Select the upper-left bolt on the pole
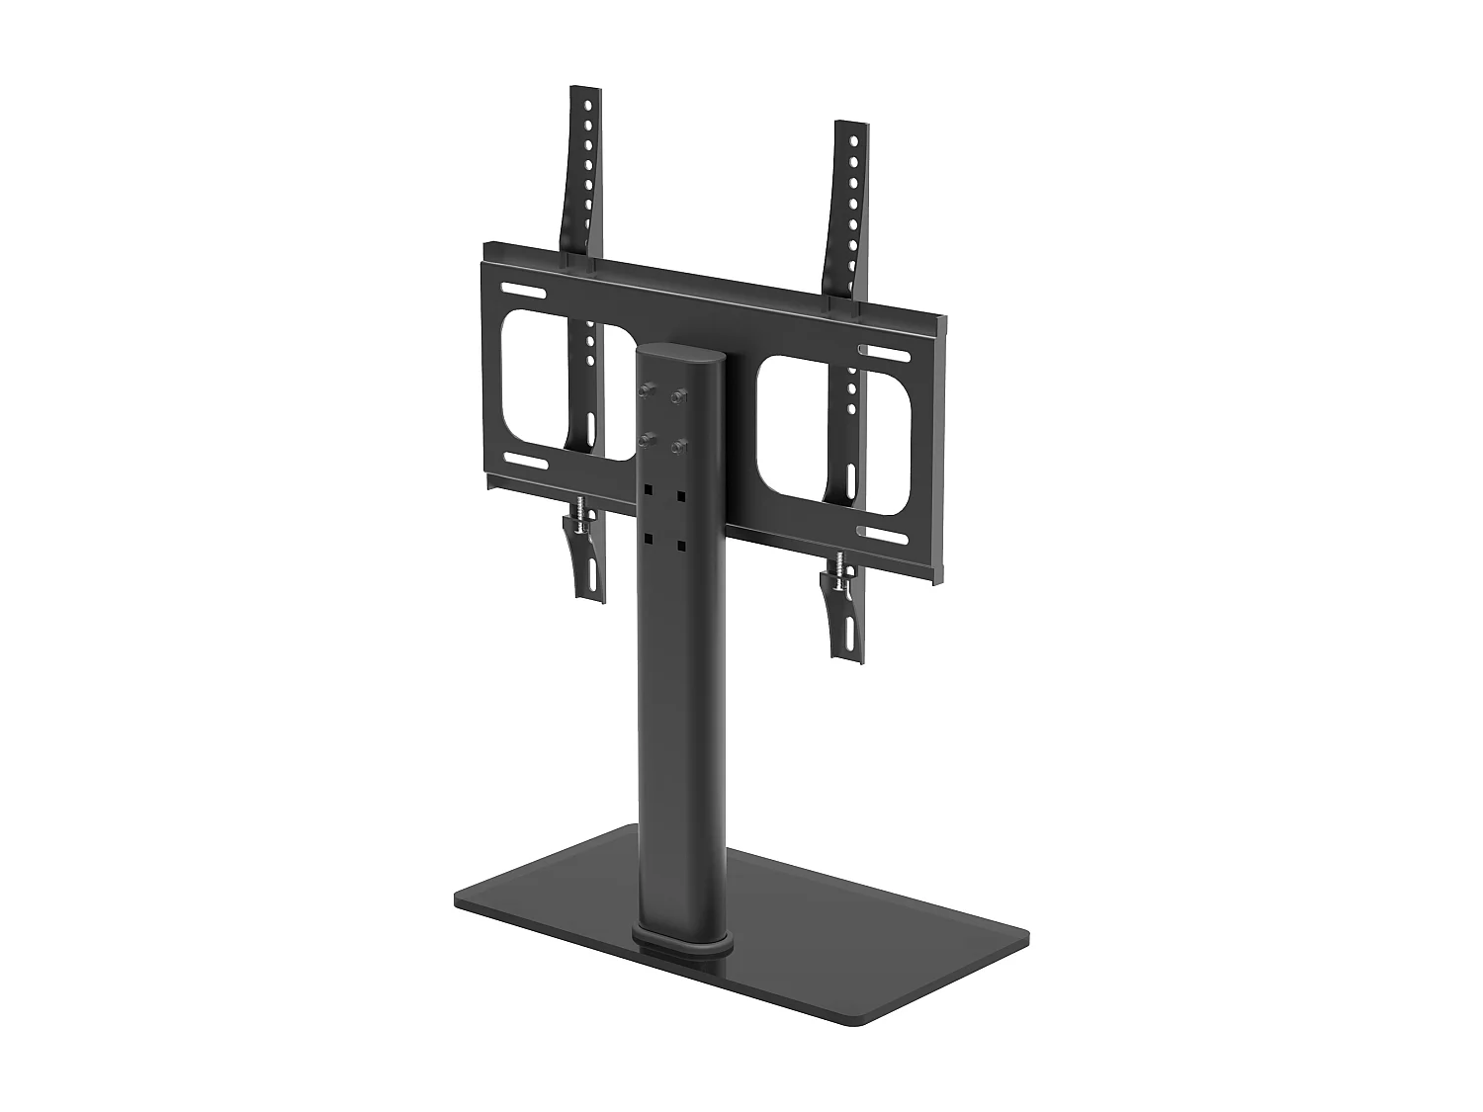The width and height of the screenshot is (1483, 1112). [648, 390]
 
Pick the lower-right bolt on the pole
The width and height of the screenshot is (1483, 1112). [678, 448]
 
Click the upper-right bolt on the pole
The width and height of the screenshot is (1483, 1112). [678, 397]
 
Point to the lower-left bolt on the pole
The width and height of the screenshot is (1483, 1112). [648, 439]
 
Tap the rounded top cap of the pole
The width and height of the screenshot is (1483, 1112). [682, 354]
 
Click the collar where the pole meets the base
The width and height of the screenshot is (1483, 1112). [683, 939]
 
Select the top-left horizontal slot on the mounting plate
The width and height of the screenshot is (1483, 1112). [523, 292]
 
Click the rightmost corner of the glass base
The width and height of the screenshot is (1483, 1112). [1031, 935]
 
